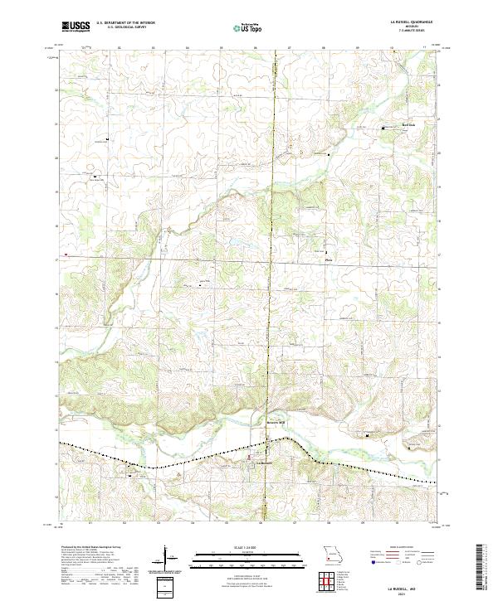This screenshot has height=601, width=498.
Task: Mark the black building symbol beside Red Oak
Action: (383, 128)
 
